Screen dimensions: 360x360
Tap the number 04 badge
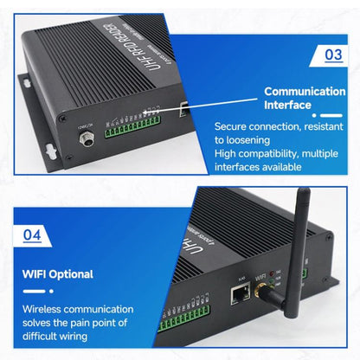(31, 235)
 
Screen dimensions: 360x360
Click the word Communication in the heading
(305, 91)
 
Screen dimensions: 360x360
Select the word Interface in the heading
(287, 105)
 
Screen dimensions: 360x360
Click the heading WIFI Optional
(59, 274)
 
